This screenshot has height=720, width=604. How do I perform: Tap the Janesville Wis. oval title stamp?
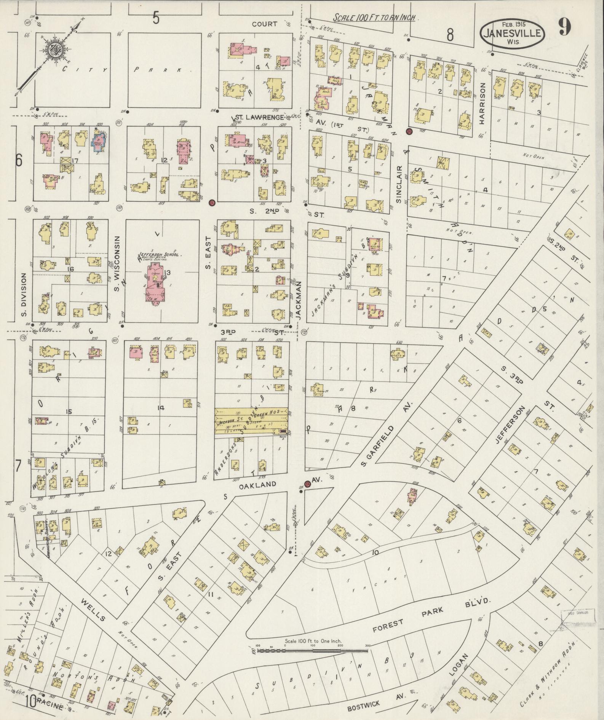512,35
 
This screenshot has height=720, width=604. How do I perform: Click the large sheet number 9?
565,27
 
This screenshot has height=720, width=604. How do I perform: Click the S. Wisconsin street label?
117,263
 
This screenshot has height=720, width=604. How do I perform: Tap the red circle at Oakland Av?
307,484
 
